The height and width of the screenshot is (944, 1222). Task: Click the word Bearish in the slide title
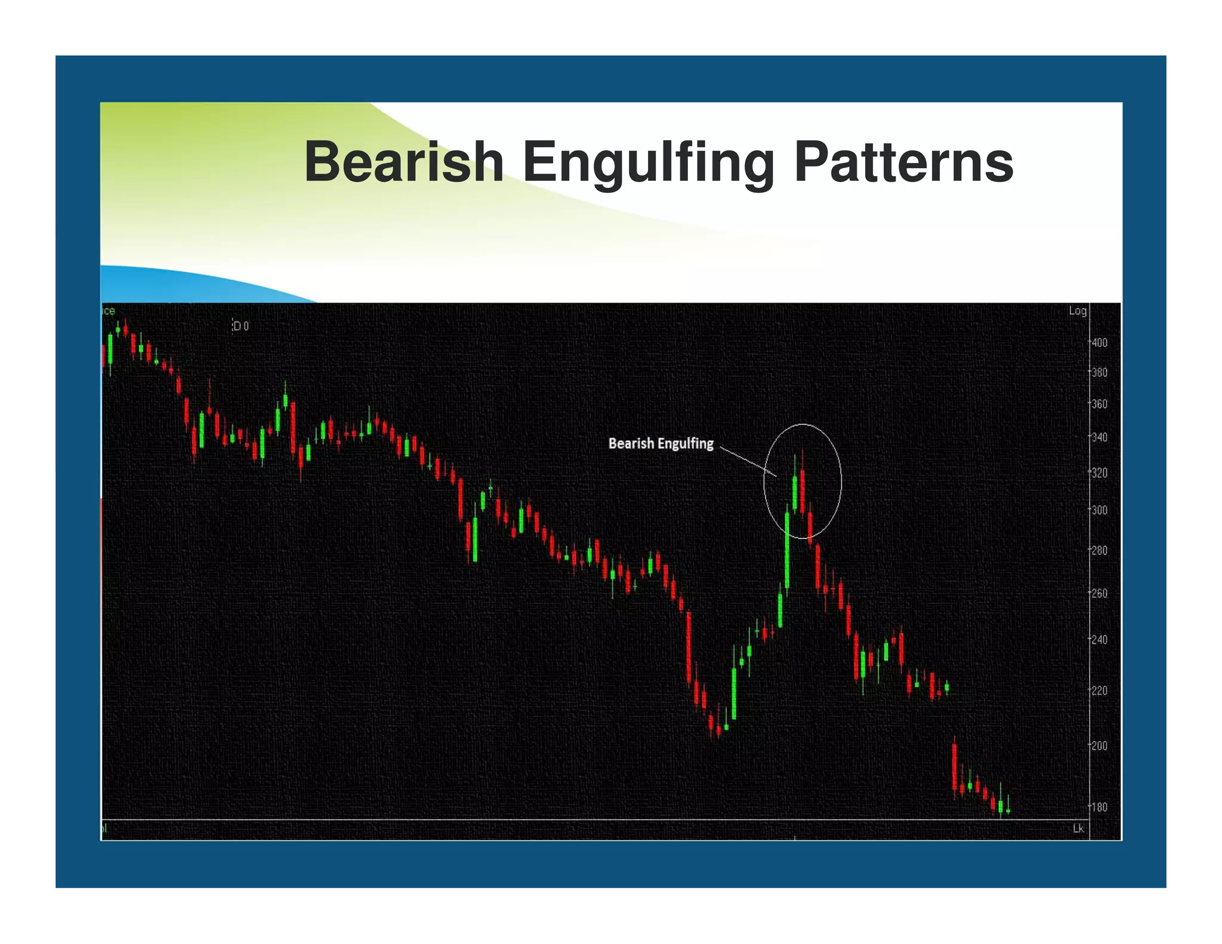pos(404,162)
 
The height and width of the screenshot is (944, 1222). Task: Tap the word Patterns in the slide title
pos(903,162)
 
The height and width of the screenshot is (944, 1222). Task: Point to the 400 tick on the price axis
pos(1099,343)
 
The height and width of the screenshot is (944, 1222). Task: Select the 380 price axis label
pos(1099,372)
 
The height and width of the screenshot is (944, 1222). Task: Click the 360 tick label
pos(1099,404)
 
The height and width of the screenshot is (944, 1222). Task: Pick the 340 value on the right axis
pos(1099,437)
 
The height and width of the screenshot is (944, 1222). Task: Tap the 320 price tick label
pos(1099,473)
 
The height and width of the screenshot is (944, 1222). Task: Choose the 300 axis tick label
pos(1099,510)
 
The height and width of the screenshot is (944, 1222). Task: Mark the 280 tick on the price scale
pos(1099,550)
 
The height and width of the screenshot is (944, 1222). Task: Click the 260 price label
pos(1099,593)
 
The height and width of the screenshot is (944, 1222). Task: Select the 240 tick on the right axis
pos(1099,640)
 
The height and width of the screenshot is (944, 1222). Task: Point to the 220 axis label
pos(1099,690)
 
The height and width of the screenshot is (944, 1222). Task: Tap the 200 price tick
pos(1099,746)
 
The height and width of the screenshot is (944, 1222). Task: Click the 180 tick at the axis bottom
pos(1099,807)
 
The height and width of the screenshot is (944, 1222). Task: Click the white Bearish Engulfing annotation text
pos(661,443)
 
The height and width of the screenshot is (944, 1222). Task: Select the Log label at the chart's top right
pos(1077,311)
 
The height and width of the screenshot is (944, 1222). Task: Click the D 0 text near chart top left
pos(240,326)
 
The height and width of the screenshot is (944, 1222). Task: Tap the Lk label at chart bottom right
pos(1078,828)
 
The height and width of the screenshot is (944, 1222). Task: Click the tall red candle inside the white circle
pos(803,490)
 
